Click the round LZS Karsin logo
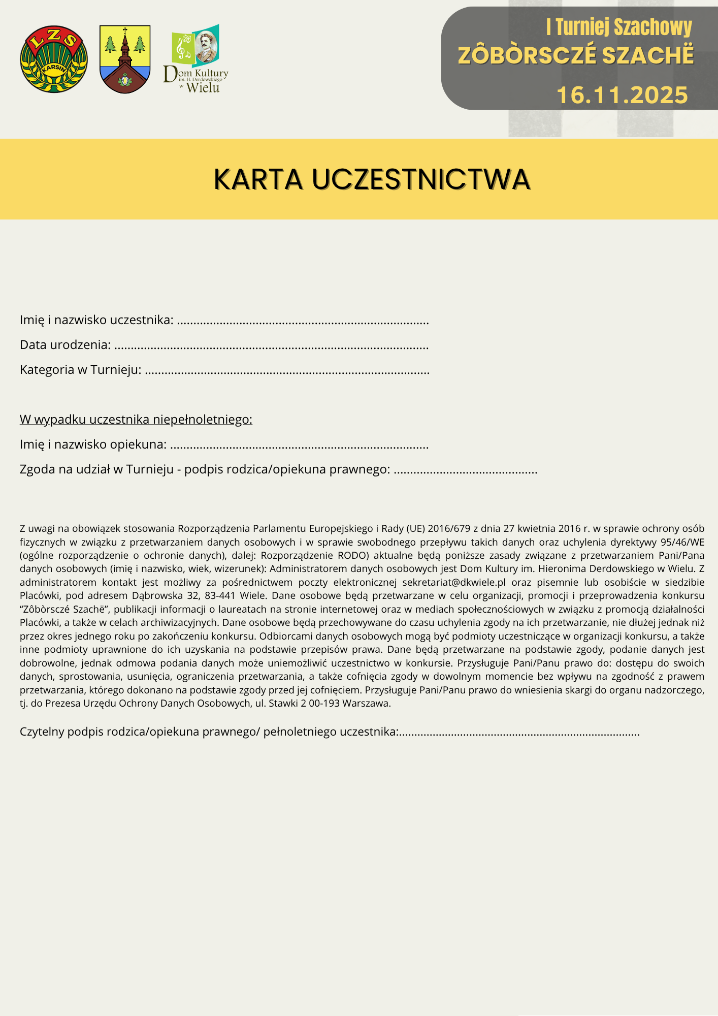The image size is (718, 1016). click(x=54, y=59)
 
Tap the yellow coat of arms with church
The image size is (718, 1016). click(x=125, y=59)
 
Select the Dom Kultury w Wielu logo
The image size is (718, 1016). click(x=196, y=59)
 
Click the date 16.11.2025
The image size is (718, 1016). click(x=622, y=95)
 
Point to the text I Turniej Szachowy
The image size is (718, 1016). click(x=618, y=27)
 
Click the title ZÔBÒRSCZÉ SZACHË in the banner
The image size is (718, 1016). click(x=576, y=56)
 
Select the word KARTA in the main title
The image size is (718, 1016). click(x=258, y=179)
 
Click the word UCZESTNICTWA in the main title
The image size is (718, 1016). click(x=421, y=179)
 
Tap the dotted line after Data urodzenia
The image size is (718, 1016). click(x=272, y=346)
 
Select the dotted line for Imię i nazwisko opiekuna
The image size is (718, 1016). click(x=300, y=446)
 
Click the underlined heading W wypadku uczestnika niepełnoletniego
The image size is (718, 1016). click(x=136, y=420)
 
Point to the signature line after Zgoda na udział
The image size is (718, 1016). click(x=466, y=470)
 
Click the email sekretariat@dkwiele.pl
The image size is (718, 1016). click(x=454, y=582)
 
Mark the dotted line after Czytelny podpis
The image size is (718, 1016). click(x=519, y=733)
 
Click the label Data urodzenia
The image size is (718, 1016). click(x=65, y=345)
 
